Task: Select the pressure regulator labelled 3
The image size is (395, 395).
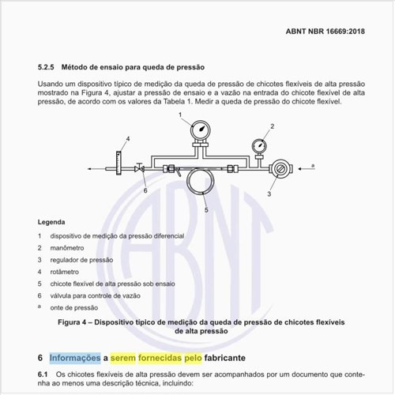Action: (280, 167)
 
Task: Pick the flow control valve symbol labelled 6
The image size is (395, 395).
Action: (140, 167)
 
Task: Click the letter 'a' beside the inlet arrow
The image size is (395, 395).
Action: (313, 165)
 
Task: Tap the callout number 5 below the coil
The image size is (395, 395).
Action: (205, 209)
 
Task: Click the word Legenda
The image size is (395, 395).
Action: (53, 222)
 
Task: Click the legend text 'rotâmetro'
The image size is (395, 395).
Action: (67, 271)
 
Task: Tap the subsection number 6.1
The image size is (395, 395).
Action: (44, 371)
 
